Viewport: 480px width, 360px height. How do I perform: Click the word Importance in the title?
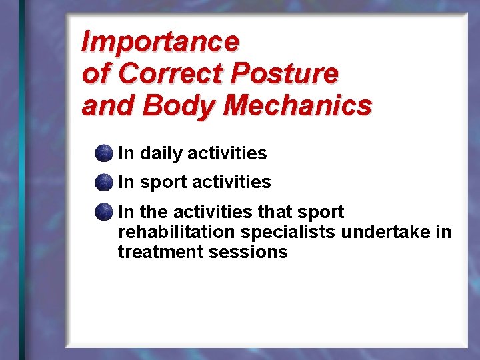(x=159, y=42)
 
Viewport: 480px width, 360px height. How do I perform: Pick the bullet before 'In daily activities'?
(x=103, y=153)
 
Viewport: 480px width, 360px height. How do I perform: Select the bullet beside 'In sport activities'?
(x=103, y=182)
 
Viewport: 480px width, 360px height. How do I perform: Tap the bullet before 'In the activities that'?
(x=103, y=213)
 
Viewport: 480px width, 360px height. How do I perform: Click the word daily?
(x=161, y=153)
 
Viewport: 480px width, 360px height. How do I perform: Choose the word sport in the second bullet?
(x=164, y=183)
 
